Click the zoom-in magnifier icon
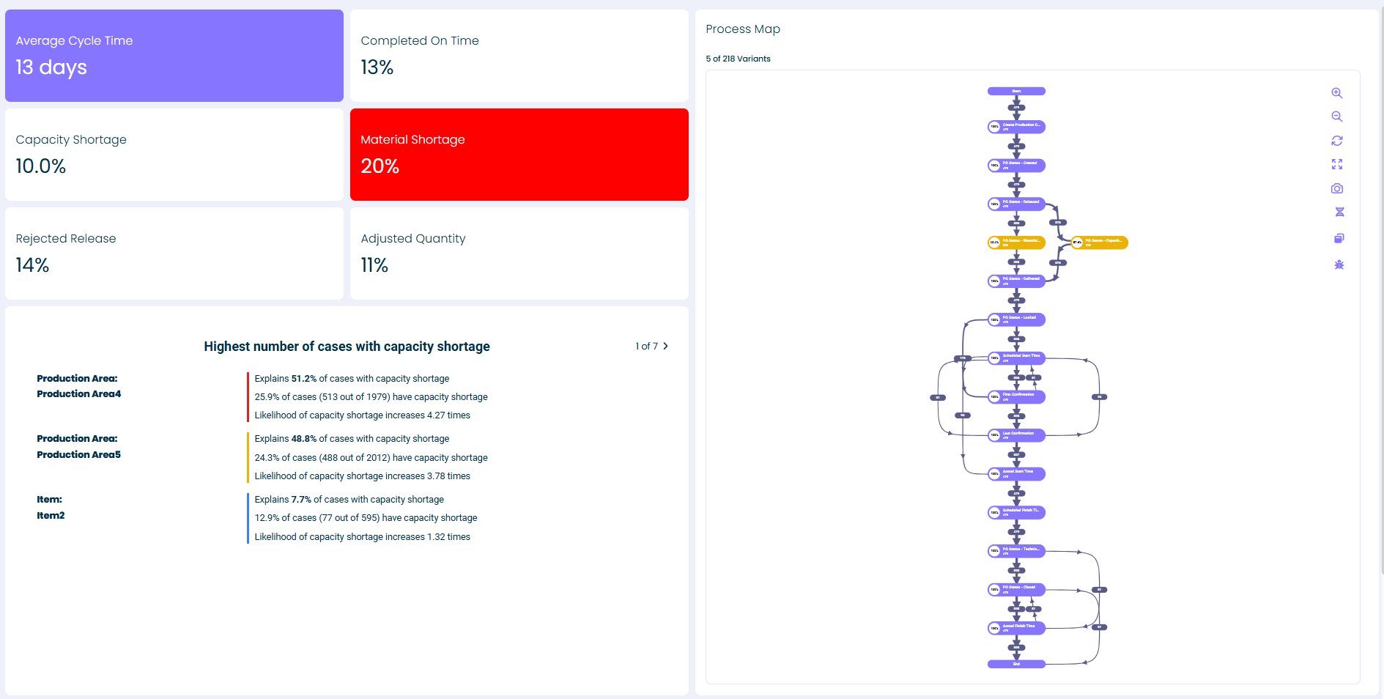[1336, 93]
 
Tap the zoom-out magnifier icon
[1336, 116]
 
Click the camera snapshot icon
[1336, 188]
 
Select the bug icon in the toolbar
[1339, 265]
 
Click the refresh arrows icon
[1336, 141]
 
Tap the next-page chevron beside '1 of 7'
[665, 346]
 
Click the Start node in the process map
[1016, 92]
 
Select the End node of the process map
[1016, 664]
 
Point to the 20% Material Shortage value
[380, 166]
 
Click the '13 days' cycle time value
[51, 67]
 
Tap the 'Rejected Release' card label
[66, 238]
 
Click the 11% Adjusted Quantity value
[374, 265]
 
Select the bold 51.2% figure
[303, 379]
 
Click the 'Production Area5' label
[79, 454]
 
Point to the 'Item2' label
[51, 515]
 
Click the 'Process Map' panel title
[742, 29]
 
